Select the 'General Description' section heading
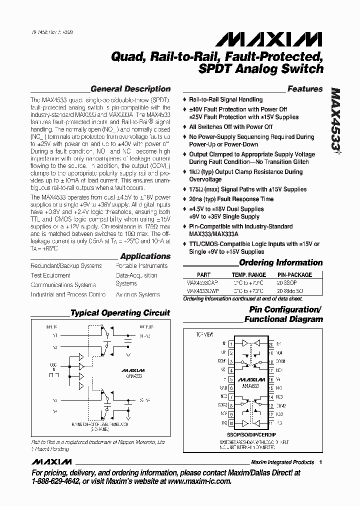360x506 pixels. coord(130,89)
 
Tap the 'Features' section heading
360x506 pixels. coord(304,89)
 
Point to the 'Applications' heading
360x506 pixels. coord(145,256)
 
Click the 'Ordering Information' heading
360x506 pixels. coord(280,262)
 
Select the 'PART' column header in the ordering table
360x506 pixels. coord(204,275)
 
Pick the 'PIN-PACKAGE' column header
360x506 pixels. coord(294,275)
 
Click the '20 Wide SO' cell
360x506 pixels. coord(292,290)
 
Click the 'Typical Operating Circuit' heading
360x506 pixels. coord(120,313)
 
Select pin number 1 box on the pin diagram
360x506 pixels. coord(230,344)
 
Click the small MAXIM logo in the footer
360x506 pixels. coord(50,462)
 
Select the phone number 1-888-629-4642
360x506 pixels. coord(58,481)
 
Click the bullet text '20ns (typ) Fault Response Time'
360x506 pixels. coord(231,199)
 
